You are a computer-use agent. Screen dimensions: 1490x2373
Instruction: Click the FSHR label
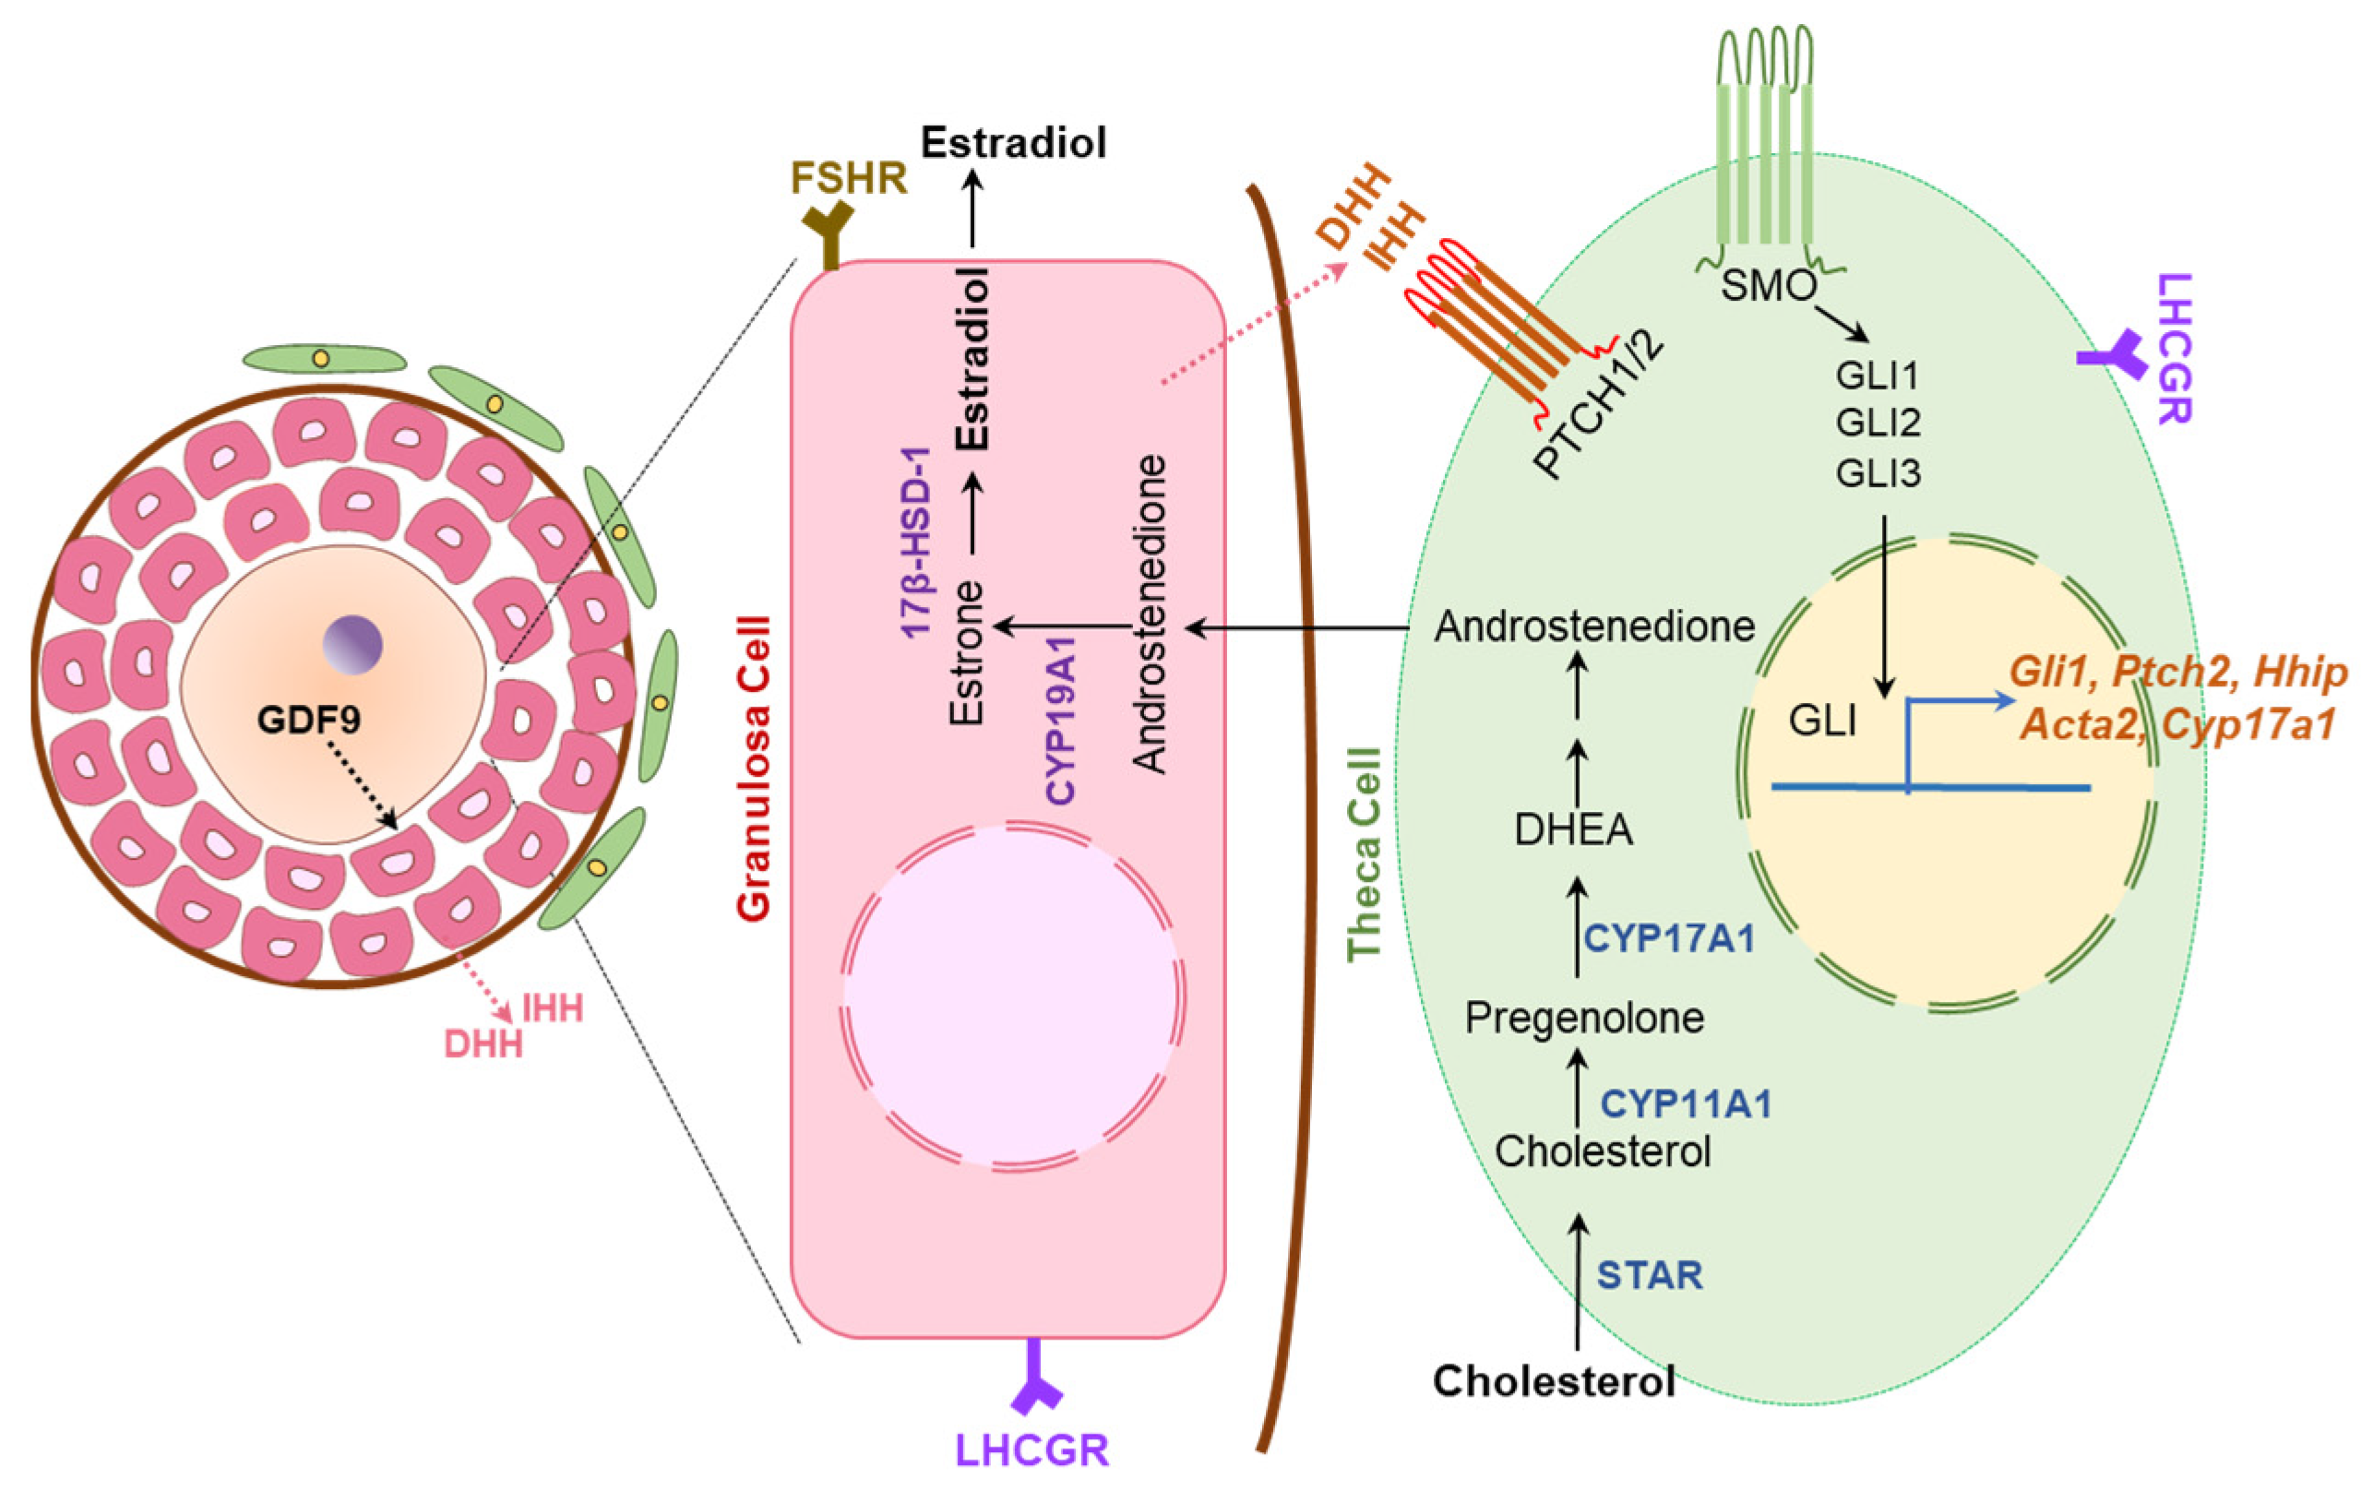click(x=849, y=178)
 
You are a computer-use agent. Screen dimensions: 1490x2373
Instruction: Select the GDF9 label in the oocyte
click(x=308, y=720)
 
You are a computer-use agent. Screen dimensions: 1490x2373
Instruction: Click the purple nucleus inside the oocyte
click(x=352, y=645)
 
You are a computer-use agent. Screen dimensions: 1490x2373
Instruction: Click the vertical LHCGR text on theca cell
click(x=2174, y=349)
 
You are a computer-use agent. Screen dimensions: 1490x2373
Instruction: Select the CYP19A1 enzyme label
click(x=1060, y=721)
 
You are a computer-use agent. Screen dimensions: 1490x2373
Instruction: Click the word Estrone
click(x=967, y=652)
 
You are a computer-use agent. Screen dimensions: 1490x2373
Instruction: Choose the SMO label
click(x=1768, y=286)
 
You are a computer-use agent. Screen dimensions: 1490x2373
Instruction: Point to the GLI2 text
click(x=1878, y=423)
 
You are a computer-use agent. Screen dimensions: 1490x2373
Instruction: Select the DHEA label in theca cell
click(x=1573, y=829)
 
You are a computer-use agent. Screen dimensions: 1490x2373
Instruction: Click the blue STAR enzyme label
click(x=1650, y=1274)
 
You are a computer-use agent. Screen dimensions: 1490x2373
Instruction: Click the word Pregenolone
click(x=1583, y=1017)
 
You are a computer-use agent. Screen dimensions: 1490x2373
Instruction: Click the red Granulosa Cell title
click(x=754, y=769)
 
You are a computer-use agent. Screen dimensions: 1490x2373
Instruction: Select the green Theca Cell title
click(x=1365, y=853)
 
